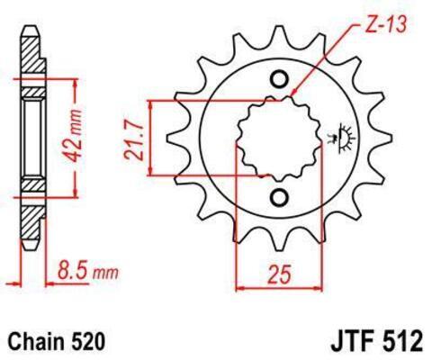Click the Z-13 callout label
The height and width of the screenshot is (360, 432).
click(x=386, y=24)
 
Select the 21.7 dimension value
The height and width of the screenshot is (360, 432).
click(x=133, y=139)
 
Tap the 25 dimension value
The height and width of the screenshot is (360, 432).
click(x=280, y=274)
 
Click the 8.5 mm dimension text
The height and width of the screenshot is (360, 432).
click(x=88, y=271)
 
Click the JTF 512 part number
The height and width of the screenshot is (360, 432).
click(x=377, y=342)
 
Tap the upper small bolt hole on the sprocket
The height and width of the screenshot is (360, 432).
click(x=280, y=79)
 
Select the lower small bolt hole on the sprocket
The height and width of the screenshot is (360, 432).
click(x=280, y=197)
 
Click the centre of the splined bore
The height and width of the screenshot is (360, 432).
click(x=279, y=139)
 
